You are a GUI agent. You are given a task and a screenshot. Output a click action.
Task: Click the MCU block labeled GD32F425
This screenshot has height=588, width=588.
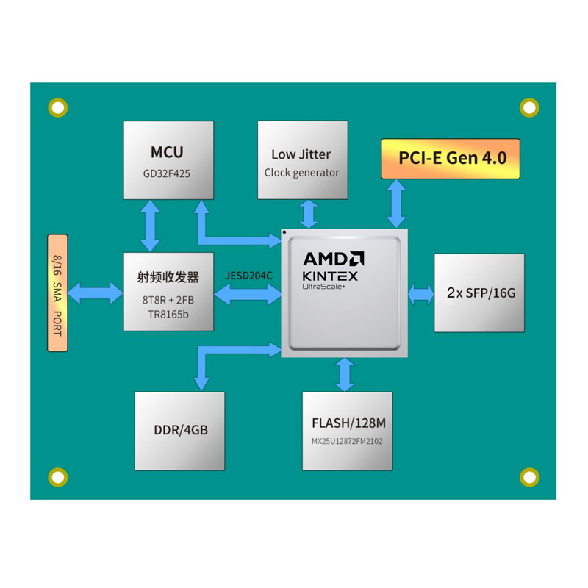tap(168, 159)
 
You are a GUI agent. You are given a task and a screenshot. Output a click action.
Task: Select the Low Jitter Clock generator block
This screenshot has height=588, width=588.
tap(301, 159)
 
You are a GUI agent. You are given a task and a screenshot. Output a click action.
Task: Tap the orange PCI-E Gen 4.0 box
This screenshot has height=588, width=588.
tap(451, 158)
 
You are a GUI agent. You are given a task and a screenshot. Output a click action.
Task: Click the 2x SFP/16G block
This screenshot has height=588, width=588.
tap(479, 293)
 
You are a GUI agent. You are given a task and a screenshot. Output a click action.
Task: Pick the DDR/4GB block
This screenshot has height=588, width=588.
tap(180, 430)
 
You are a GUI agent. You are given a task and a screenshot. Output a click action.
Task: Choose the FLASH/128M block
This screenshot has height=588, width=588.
tap(347, 431)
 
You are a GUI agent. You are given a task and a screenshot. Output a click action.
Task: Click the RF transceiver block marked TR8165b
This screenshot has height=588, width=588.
tap(168, 292)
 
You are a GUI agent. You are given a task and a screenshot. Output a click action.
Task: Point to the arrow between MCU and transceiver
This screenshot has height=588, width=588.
tap(151, 226)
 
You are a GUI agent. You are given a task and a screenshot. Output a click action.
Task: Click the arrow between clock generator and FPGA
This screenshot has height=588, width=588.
tap(309, 212)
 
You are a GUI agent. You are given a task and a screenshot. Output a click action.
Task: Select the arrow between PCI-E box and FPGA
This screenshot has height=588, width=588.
tap(397, 204)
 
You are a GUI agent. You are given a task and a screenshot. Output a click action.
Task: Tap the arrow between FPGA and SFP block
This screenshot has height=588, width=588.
tap(421, 294)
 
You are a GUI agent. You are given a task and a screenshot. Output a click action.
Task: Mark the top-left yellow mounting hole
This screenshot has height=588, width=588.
tap(58, 108)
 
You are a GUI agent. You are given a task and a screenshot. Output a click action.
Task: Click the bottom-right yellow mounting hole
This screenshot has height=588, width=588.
tap(528, 476)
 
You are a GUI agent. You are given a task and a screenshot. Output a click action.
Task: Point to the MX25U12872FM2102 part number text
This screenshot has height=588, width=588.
tap(347, 442)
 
